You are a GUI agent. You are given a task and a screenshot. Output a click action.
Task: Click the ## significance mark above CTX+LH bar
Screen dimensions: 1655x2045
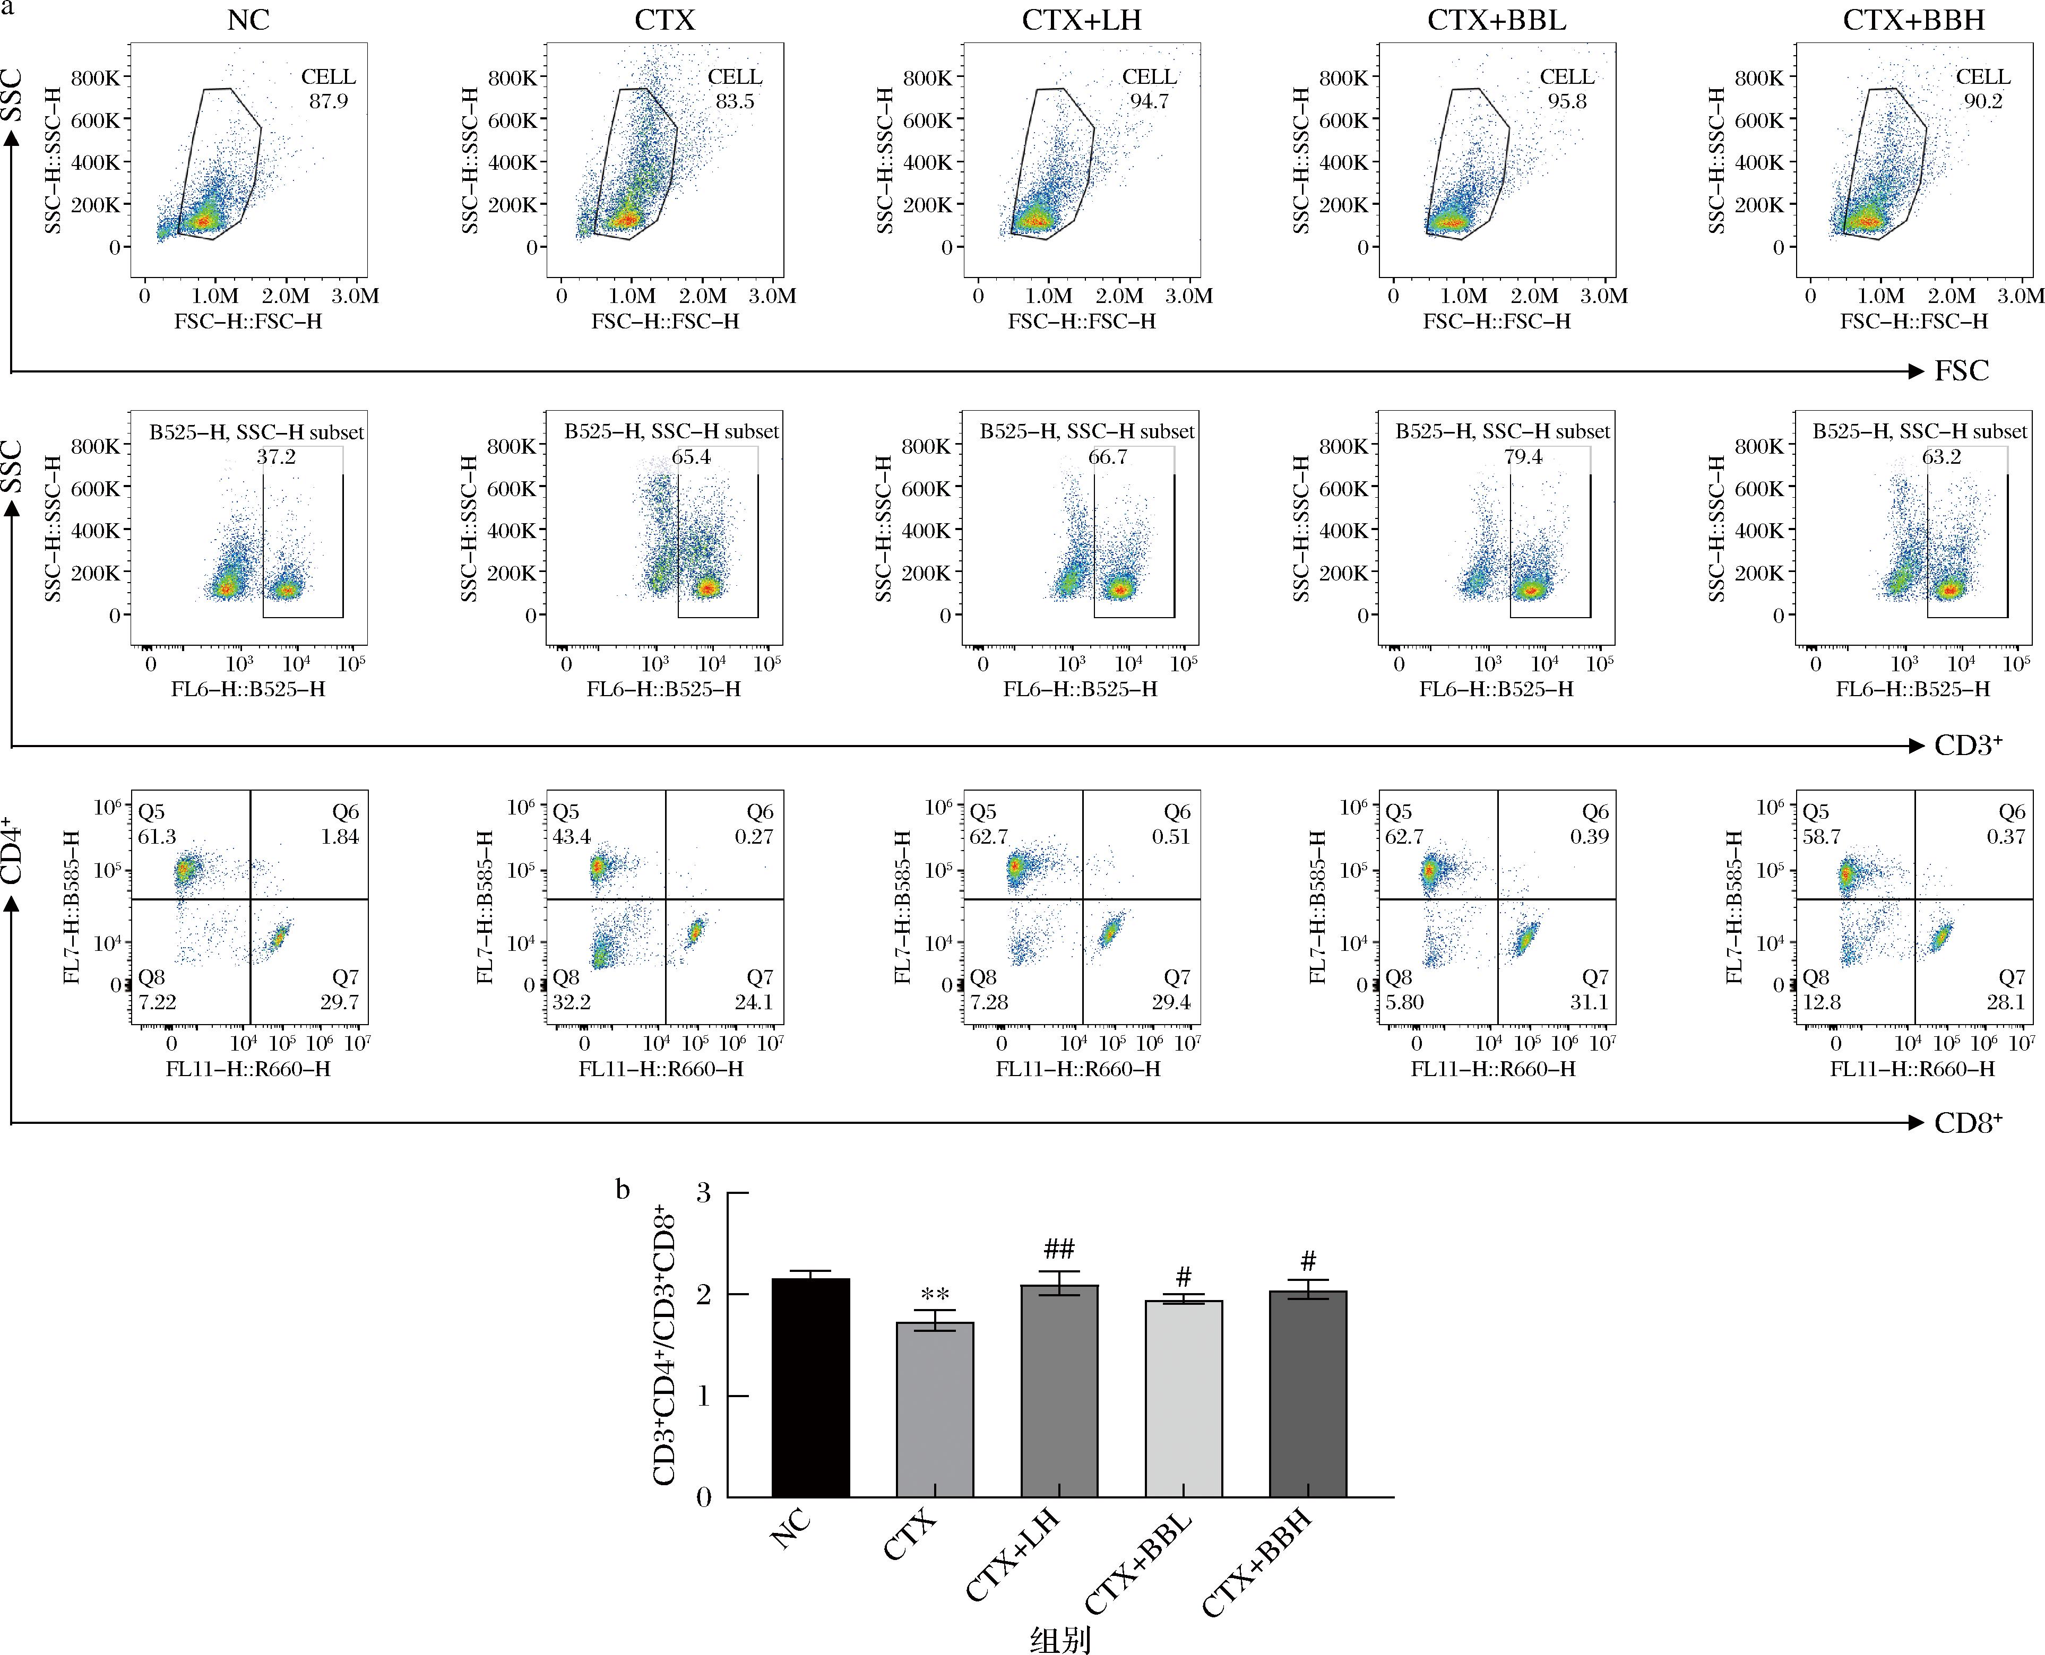tap(1059, 1249)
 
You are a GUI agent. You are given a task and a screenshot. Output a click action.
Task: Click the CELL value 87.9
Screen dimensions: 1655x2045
tap(328, 101)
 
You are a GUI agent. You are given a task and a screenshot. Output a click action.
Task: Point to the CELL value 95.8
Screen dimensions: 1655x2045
tap(1567, 101)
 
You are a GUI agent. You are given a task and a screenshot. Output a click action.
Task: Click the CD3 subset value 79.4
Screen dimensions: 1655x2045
tap(1523, 457)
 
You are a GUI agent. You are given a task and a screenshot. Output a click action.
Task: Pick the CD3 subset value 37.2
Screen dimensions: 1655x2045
tap(275, 457)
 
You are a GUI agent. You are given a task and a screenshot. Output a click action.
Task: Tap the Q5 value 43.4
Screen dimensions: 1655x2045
tap(572, 836)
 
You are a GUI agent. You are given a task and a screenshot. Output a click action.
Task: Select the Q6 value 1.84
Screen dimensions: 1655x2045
tap(340, 836)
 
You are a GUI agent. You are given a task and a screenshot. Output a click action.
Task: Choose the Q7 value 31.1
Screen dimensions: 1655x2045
tap(1589, 1002)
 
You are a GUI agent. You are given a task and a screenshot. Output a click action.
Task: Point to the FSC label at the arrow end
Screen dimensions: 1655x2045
tap(1961, 371)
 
